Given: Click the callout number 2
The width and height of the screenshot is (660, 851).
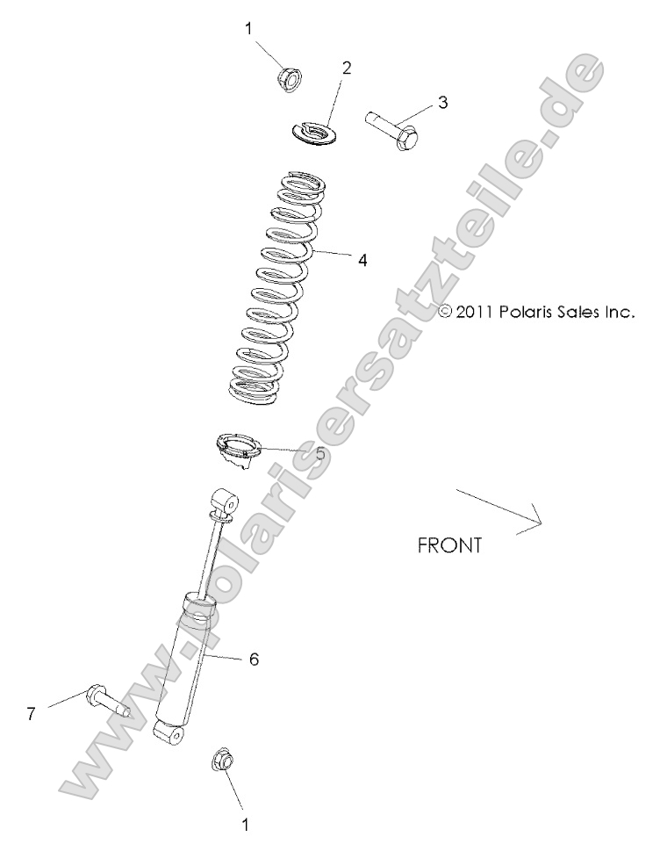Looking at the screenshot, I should point(347,68).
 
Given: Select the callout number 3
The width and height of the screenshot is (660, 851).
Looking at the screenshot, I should point(442,102).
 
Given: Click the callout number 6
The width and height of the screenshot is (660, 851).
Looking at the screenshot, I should point(254,659).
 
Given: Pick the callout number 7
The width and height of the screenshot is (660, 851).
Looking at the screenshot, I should point(31,714).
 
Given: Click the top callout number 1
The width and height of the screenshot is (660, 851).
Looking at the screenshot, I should point(248,28).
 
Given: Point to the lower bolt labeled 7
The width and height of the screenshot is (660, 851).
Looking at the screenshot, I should point(106,703).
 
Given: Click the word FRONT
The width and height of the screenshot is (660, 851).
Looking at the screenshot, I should point(449,544).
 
